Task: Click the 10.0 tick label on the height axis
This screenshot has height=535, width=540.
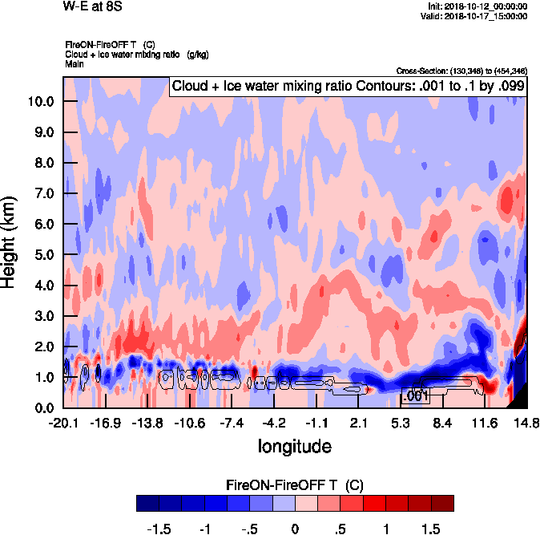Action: tap(39, 101)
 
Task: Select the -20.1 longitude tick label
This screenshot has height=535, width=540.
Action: tap(63, 423)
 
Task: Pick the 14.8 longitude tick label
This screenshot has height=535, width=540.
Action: tap(526, 423)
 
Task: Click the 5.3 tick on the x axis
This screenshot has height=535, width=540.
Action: tap(400, 423)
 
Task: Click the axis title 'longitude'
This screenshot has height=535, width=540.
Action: tap(294, 445)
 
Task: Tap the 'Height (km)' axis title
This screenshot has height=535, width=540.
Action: tap(10, 243)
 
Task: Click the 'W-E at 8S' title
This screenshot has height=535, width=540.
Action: tap(88, 6)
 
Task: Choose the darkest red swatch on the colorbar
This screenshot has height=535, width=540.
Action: tap(441, 503)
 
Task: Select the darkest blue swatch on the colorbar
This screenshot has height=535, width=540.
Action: tap(147, 503)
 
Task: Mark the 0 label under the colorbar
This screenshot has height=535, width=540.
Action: tap(295, 529)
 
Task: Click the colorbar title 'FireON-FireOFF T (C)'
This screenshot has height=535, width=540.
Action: tap(295, 484)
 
